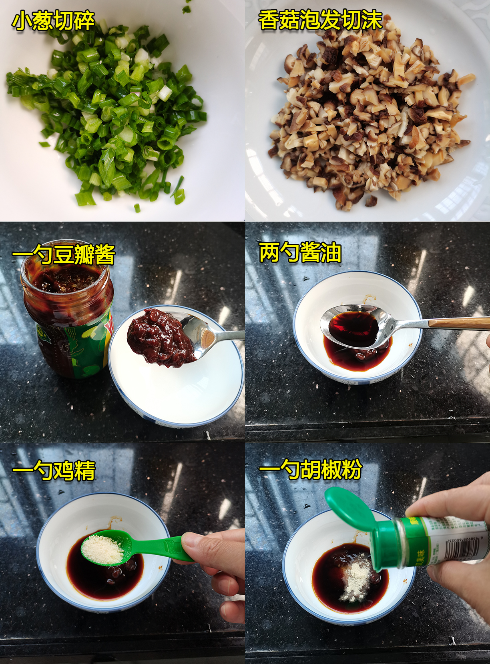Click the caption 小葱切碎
[53, 21]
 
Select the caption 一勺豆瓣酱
[64, 254]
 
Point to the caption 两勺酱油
[300, 252]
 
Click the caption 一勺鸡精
[54, 470]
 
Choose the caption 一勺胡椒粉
[310, 469]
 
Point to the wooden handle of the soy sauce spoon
[460, 322]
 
